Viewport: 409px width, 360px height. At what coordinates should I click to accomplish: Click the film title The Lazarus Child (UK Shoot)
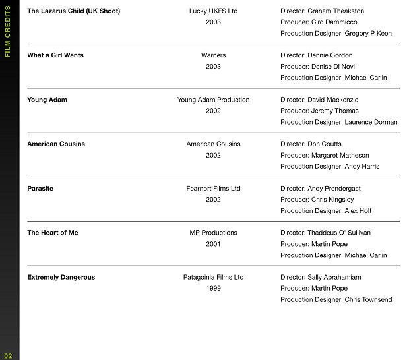coord(73,11)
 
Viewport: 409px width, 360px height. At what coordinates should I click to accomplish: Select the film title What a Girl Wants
coord(55,55)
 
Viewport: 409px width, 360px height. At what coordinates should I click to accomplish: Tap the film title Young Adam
coord(47,100)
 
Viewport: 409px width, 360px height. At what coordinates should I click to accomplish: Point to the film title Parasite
coord(40,189)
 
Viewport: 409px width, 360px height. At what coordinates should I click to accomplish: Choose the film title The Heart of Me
coord(52,233)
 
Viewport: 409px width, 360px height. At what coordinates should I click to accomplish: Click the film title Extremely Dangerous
coord(61,277)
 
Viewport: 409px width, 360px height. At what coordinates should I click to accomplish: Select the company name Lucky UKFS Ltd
coord(213,11)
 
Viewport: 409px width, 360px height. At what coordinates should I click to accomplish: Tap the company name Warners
coord(213,55)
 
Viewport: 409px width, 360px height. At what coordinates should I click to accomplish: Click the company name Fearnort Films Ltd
coord(213,189)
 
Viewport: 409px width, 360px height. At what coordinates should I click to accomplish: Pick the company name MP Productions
coord(213,233)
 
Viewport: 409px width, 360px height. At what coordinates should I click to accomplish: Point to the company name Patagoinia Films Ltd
coord(213,277)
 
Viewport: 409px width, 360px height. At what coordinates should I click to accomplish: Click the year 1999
coord(213,288)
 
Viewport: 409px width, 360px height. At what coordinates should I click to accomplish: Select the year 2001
coord(213,244)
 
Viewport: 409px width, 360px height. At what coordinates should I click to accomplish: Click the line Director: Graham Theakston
coord(322,11)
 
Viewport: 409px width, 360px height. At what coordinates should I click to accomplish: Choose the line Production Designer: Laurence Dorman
coord(338,122)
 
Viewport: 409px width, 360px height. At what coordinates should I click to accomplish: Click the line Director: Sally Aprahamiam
coord(321,277)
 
